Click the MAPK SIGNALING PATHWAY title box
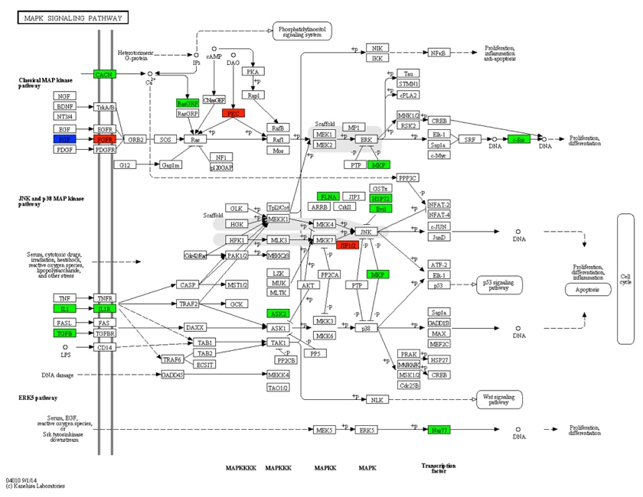tap(73, 18)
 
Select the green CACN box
tap(104, 74)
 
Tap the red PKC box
tap(233, 113)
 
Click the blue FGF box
tap(64, 139)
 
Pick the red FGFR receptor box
tap(105, 139)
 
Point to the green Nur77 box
tap(439, 430)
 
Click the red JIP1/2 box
tap(348, 245)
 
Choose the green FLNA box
tap(328, 197)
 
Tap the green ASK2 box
tap(278, 313)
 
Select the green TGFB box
tap(64, 333)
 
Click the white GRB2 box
tap(136, 139)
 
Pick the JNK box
tap(366, 231)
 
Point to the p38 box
tap(366, 327)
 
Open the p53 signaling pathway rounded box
tap(498, 285)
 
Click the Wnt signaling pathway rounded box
tap(498, 399)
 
